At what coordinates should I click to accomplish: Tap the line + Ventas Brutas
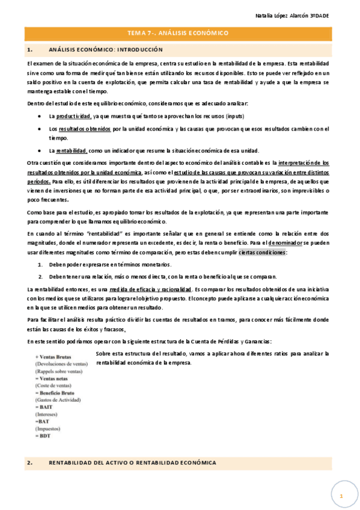pos(53,357)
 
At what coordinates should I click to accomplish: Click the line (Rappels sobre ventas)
pos(58,372)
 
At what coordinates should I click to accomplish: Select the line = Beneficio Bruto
pos(57,393)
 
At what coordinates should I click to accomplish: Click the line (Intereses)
pos(47,414)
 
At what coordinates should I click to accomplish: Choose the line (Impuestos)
pos(48,429)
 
